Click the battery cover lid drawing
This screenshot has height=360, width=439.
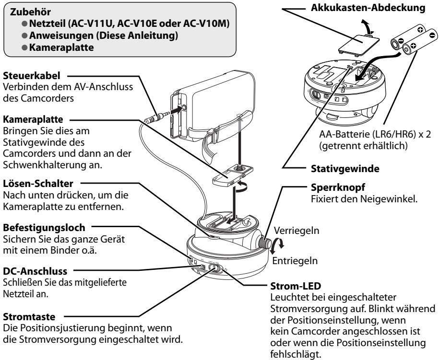click(351, 49)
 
